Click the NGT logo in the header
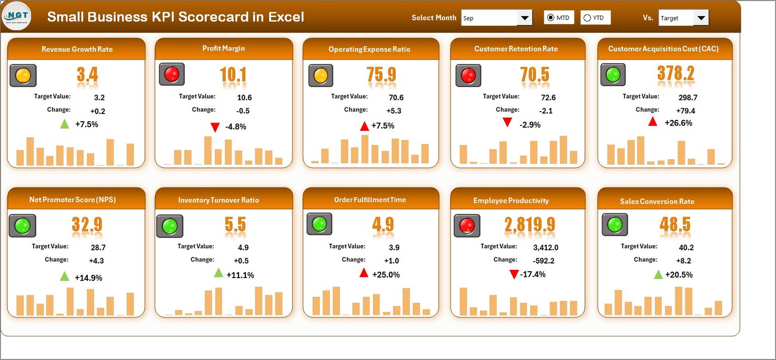[17, 16]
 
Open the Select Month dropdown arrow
[524, 18]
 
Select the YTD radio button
[587, 18]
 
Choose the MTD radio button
[550, 18]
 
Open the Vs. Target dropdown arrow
[701, 18]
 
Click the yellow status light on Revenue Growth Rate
[23, 76]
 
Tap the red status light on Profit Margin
[172, 74]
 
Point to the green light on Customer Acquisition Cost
[613, 75]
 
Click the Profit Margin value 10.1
[233, 75]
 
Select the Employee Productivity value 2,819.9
[530, 225]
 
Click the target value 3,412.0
[546, 247]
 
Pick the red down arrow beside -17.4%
[514, 275]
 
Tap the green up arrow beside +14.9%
[65, 277]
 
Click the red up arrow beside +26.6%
[653, 122]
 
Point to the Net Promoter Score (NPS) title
[72, 199]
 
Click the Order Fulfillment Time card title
[370, 199]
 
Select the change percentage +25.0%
[386, 275]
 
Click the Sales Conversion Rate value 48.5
[675, 225]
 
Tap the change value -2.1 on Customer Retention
[546, 111]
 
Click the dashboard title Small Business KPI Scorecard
[175, 17]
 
